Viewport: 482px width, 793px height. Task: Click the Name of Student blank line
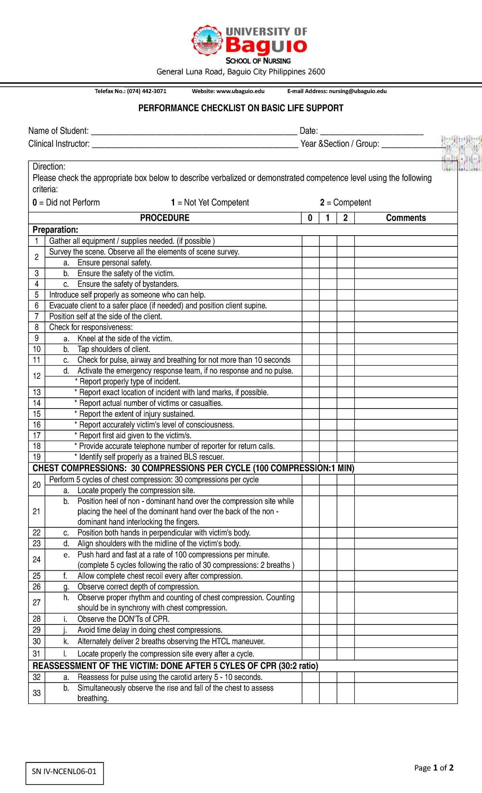point(194,132)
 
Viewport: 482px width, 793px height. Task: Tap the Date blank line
point(372,132)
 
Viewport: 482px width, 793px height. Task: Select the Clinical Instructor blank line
point(195,145)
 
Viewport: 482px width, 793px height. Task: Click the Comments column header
point(406,218)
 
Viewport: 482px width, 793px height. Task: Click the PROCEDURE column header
point(165,218)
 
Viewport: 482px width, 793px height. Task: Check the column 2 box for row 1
point(345,241)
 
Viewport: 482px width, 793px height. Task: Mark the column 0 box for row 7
point(310,316)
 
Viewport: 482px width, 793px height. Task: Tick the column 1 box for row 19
point(328,457)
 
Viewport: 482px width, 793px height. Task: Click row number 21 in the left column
point(37,511)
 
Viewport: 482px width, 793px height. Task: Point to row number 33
point(37,693)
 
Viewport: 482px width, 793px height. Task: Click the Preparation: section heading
point(55,230)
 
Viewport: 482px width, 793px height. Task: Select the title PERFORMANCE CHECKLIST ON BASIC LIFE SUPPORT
point(241,108)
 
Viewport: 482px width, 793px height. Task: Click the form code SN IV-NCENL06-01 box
point(64,771)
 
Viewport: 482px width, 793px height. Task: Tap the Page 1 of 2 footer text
point(434,768)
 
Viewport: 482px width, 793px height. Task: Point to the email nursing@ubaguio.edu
point(357,91)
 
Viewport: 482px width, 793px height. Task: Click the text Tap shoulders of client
point(114,349)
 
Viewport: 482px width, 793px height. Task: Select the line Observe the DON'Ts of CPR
point(123,619)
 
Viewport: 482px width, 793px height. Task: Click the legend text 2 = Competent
point(345,203)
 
